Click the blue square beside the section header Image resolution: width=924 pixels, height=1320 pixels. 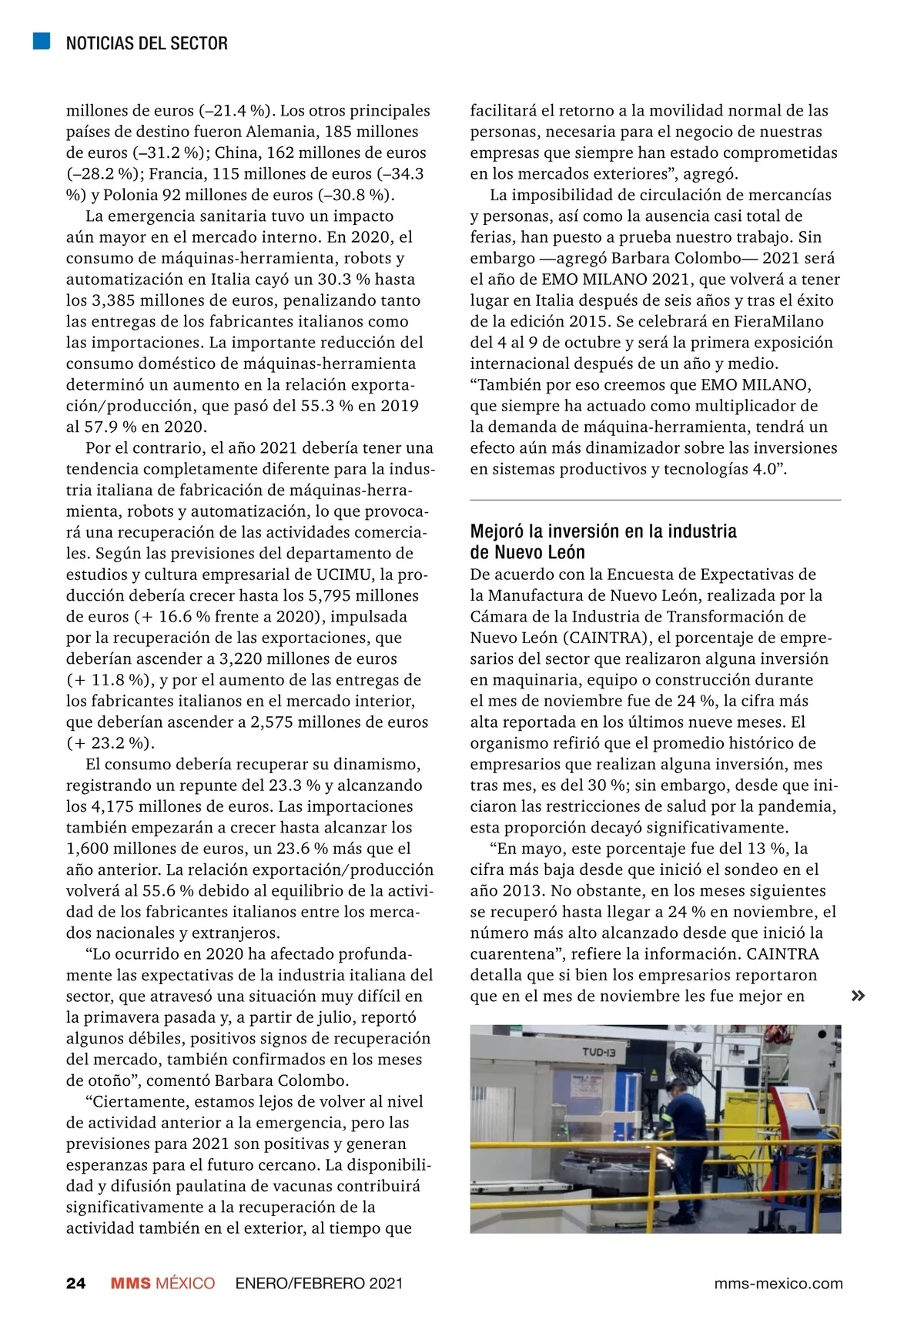[42, 42]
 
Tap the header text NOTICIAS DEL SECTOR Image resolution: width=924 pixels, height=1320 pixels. [146, 43]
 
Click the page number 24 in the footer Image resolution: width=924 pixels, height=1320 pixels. [75, 1283]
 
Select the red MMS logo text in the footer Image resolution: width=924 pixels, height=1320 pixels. [131, 1283]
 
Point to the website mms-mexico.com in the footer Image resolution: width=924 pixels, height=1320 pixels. [778, 1283]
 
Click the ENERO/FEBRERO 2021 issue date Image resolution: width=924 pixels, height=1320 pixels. [319, 1283]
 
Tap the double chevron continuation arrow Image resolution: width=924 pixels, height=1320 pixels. [858, 996]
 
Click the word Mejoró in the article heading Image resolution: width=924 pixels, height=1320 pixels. [497, 531]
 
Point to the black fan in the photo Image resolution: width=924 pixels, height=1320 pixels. [681, 1065]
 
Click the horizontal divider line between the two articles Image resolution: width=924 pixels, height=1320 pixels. [655, 501]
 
